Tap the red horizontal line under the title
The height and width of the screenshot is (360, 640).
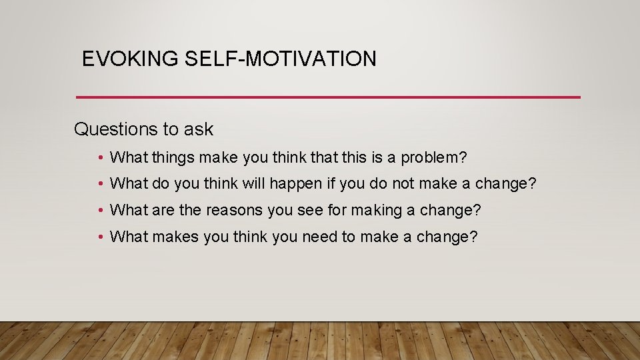pos(328,97)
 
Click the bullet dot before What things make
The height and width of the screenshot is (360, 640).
pos(99,158)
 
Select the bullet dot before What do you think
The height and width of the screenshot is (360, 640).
pos(99,184)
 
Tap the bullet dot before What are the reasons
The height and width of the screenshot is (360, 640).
pos(99,211)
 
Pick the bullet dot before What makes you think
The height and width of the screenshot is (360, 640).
pos(99,237)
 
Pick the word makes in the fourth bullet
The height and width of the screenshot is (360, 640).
pos(173,237)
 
